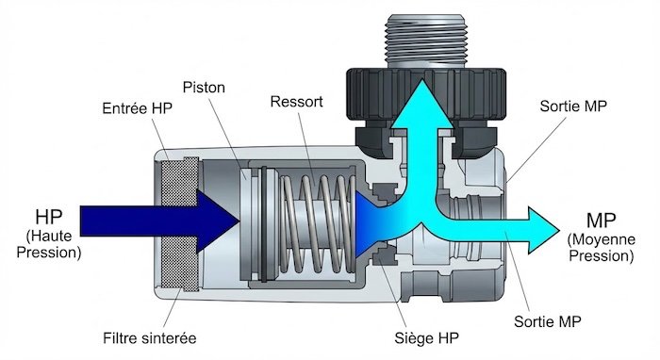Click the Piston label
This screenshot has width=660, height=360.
tap(204, 88)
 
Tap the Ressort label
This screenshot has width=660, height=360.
tap(297, 102)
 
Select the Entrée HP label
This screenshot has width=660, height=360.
tap(138, 108)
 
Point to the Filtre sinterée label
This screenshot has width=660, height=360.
tap(150, 338)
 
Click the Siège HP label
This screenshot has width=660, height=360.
tap(426, 338)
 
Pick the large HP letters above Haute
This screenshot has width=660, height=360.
tap(49, 218)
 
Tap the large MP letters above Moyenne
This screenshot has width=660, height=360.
tap(601, 221)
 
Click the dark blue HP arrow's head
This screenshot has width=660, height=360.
tap(217, 220)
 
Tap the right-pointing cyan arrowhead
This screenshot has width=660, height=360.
tap(544, 230)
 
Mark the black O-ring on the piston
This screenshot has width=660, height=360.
tap(264, 223)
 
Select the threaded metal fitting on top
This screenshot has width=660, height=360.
tap(426, 41)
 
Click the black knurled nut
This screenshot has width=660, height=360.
tap(426, 93)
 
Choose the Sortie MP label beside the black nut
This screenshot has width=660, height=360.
tap(573, 106)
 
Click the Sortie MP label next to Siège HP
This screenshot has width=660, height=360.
tap(547, 321)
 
